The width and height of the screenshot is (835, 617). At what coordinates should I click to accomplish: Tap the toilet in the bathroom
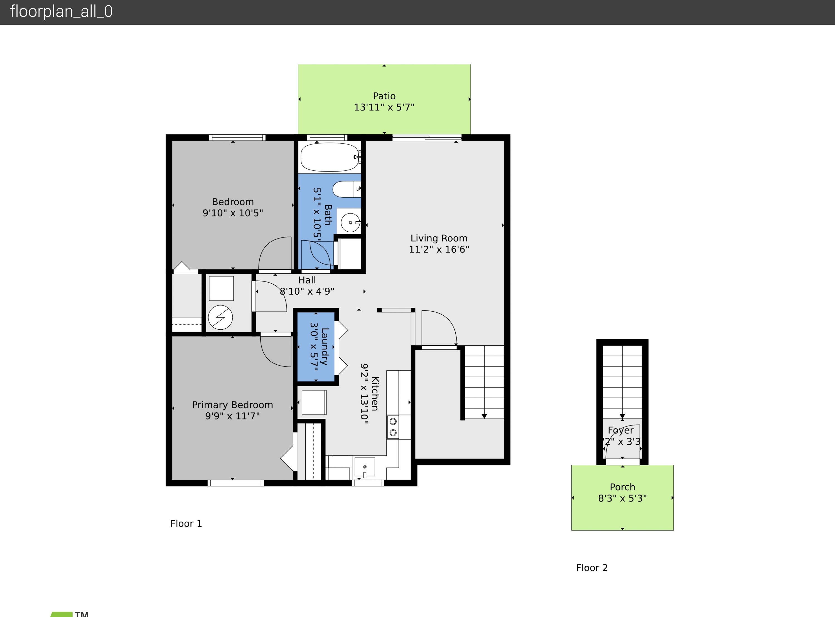(x=346, y=189)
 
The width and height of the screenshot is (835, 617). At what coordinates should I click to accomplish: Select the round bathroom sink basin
(x=350, y=222)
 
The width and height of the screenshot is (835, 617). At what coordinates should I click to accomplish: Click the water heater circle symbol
(x=220, y=317)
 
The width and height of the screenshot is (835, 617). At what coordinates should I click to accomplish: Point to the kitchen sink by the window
(x=365, y=467)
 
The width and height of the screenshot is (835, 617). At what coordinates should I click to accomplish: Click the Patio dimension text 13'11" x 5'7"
(x=384, y=107)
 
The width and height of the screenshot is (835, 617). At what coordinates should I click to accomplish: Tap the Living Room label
(x=439, y=238)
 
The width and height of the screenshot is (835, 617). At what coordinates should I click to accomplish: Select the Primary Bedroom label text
(x=232, y=405)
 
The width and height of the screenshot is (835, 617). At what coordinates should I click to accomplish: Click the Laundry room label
(x=324, y=347)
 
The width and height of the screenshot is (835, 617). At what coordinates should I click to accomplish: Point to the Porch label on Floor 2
(x=622, y=487)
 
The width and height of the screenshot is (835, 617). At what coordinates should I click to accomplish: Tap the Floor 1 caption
(x=186, y=524)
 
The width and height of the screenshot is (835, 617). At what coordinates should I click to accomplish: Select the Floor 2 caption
(x=592, y=568)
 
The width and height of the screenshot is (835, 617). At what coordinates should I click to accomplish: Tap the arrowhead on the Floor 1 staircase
(x=484, y=416)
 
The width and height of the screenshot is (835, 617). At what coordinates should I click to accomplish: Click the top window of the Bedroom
(x=237, y=138)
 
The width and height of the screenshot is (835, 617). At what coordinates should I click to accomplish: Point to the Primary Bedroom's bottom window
(x=235, y=483)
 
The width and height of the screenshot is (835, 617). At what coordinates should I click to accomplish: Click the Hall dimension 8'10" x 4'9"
(x=307, y=291)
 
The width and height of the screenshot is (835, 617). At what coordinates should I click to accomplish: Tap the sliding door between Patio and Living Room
(x=427, y=138)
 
